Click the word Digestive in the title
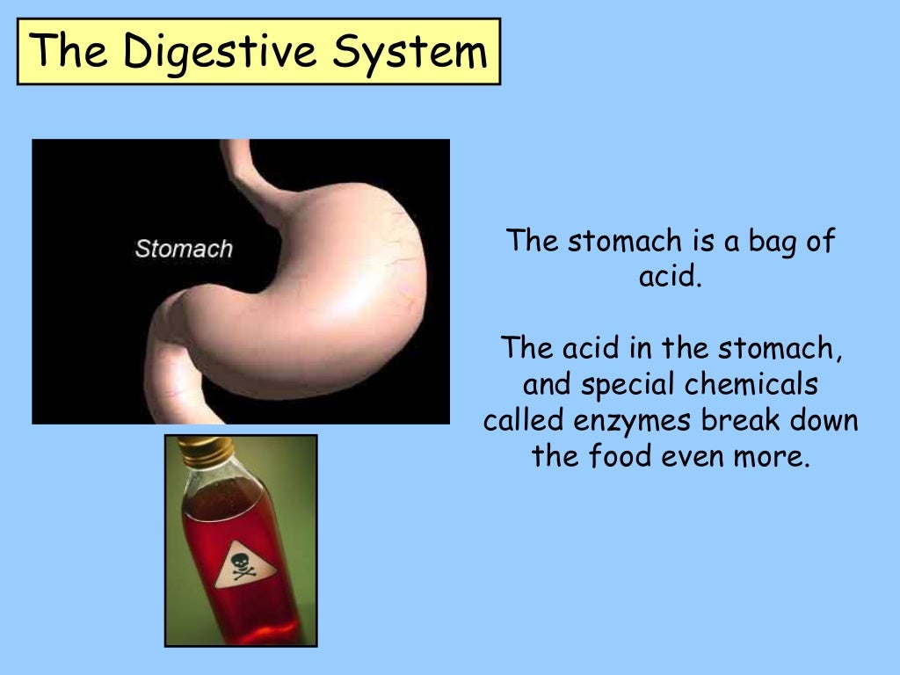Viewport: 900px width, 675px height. coord(219,52)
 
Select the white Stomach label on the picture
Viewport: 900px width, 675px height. coord(184,249)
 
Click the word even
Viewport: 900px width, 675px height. coord(698,456)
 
